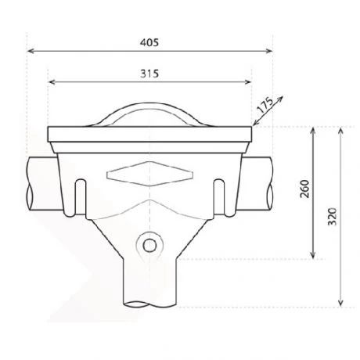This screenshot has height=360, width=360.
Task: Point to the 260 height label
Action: (304, 190)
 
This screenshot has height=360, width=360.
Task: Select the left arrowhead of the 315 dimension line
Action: (52, 81)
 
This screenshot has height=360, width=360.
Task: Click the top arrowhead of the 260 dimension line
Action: (313, 128)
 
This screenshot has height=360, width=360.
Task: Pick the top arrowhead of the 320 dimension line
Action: (340, 128)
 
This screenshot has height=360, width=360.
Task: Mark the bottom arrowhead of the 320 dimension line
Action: (340, 304)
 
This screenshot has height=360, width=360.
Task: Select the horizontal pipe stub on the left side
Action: (39, 182)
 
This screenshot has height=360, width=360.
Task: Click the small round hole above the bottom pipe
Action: (149, 246)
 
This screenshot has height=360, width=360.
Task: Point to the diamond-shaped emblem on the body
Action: (149, 172)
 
